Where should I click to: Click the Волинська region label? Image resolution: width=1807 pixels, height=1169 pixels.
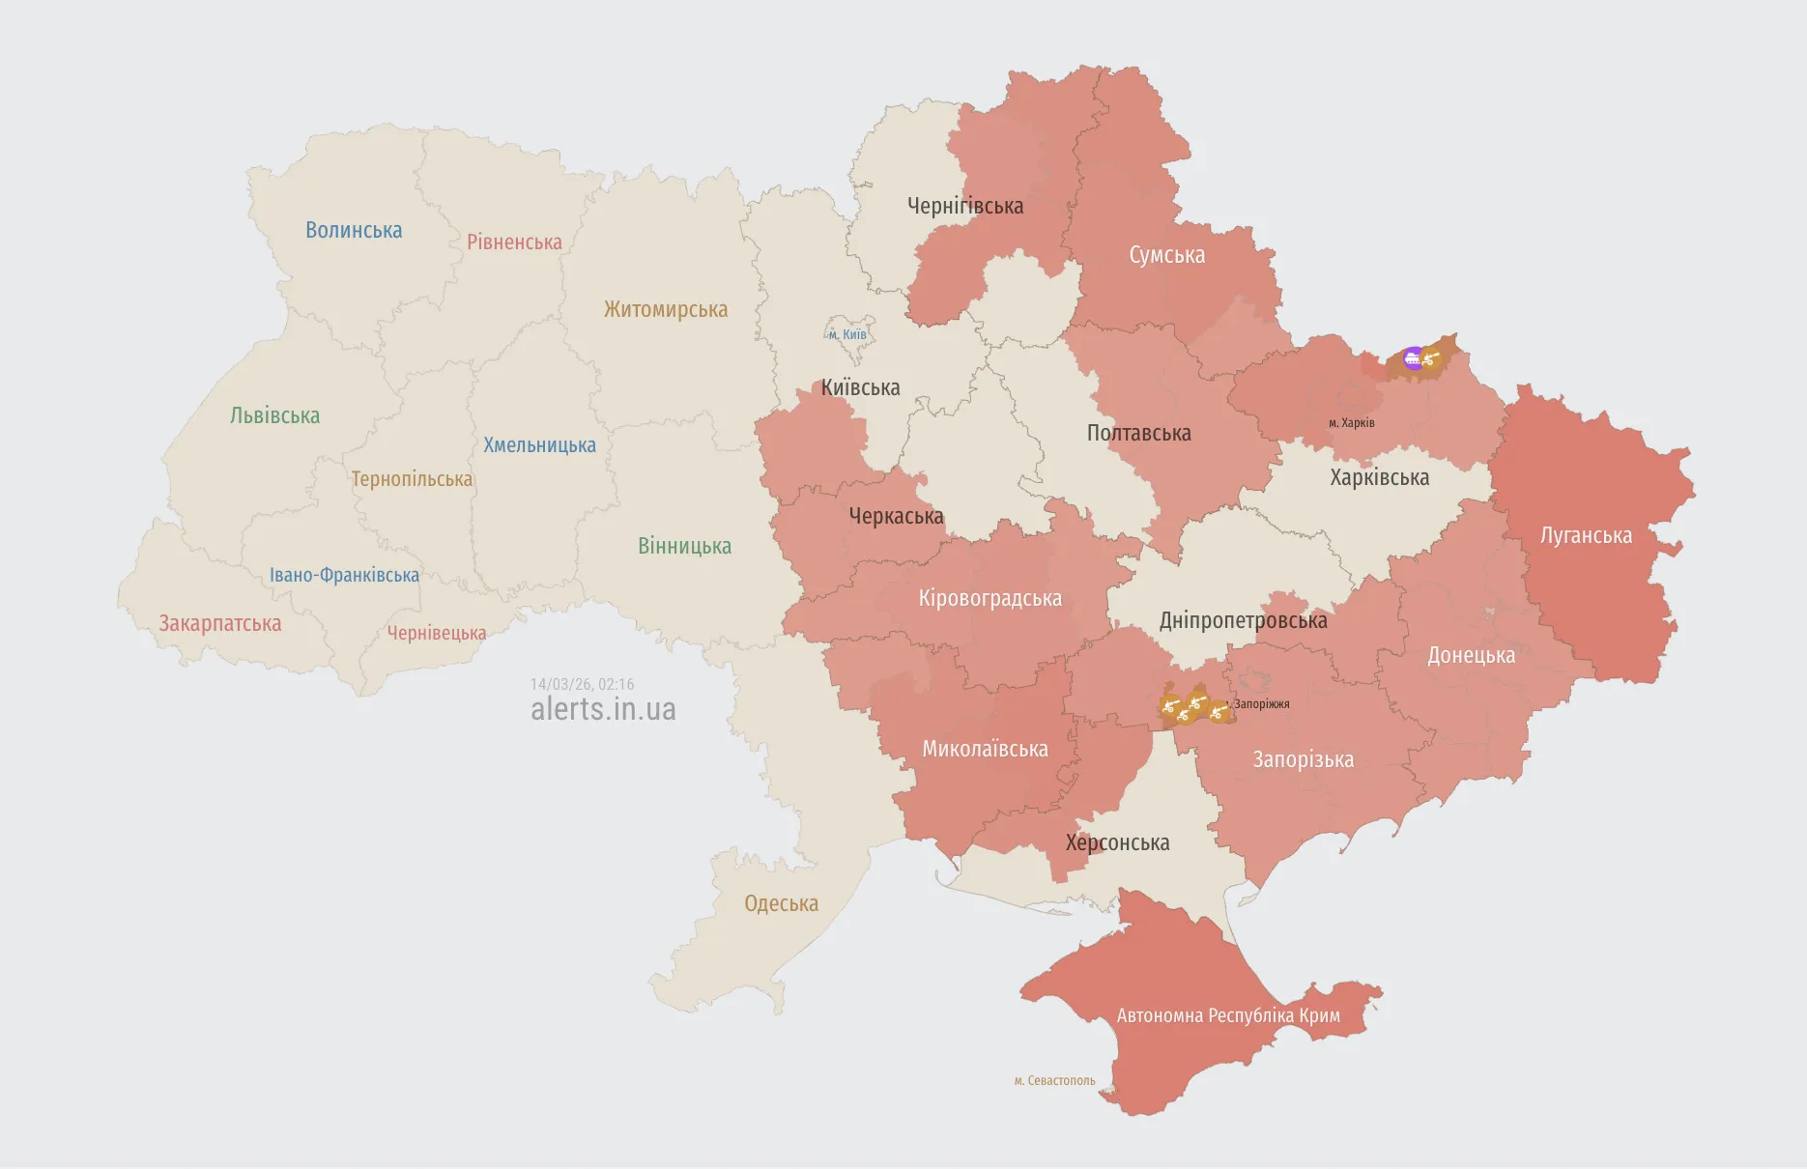354,230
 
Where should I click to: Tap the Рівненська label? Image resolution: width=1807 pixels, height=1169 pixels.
514,242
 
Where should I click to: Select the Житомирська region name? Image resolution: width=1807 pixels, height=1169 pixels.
666,309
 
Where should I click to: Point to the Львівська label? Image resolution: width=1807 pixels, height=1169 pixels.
274,415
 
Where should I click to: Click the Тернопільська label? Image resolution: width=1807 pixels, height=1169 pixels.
412,479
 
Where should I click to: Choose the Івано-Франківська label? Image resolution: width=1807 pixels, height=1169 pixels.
344,575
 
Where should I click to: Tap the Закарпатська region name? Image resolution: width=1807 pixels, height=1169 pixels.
220,623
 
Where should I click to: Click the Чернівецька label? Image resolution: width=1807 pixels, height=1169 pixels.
437,633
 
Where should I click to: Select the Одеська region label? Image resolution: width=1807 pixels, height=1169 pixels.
781,903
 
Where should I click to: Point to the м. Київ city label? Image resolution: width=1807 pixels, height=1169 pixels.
847,335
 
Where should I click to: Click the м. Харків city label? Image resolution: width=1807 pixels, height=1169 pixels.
1351,423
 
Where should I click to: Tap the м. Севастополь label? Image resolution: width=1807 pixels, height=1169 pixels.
1054,1080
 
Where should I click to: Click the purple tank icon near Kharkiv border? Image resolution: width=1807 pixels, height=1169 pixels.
1413,358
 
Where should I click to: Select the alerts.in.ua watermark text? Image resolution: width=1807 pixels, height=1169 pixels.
603,709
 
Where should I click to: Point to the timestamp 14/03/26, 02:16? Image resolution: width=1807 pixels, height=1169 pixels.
582,684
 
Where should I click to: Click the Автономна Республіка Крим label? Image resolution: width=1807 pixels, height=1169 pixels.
1228,1015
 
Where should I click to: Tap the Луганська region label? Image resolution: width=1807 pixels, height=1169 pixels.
1586,535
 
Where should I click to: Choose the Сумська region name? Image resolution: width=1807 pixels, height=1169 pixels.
1166,255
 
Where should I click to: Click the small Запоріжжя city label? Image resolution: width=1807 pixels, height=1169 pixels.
1261,704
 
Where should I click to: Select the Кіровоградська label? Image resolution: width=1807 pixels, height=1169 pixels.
990,598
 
